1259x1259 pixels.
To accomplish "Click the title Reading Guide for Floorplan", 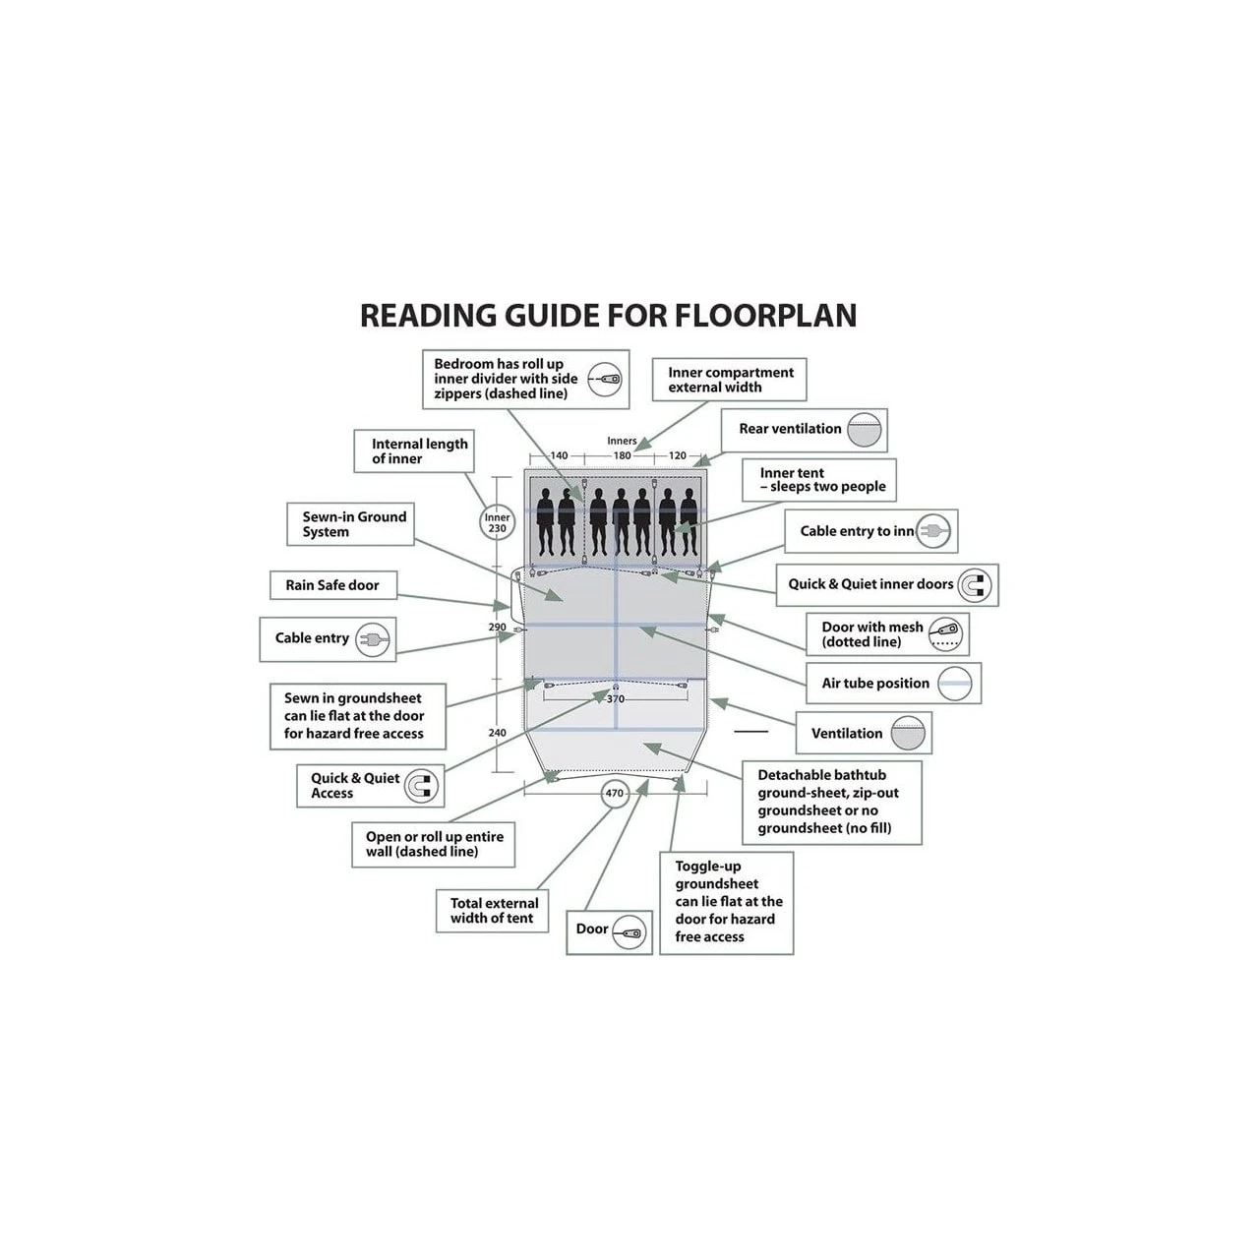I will pyautogui.click(x=608, y=316).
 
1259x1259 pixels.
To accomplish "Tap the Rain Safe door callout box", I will pyautogui.click(x=332, y=585).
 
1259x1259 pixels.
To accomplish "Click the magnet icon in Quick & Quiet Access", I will pyautogui.click(x=421, y=786).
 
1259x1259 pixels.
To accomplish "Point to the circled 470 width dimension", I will pyautogui.click(x=615, y=793).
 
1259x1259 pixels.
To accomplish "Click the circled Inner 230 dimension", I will pyautogui.click(x=498, y=523).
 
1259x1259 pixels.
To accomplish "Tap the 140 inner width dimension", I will pyautogui.click(x=559, y=456).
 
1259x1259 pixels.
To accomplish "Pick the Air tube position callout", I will pyautogui.click(x=893, y=684).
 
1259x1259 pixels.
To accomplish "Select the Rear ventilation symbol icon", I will pyautogui.click(x=866, y=430).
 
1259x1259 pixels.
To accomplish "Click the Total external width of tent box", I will pyautogui.click(x=493, y=911).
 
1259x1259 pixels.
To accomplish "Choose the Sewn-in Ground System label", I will pyautogui.click(x=354, y=524).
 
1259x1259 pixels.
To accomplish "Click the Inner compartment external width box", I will pyautogui.click(x=730, y=380).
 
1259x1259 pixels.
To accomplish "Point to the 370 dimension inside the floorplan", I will pyautogui.click(x=616, y=699).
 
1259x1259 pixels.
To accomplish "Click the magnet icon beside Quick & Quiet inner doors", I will pyautogui.click(x=975, y=585).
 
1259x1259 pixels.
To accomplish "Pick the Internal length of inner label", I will pyautogui.click(x=413, y=451).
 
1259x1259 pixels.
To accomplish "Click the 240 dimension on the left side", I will pyautogui.click(x=498, y=733).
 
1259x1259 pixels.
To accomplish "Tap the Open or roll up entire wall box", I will pyautogui.click(x=434, y=844).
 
